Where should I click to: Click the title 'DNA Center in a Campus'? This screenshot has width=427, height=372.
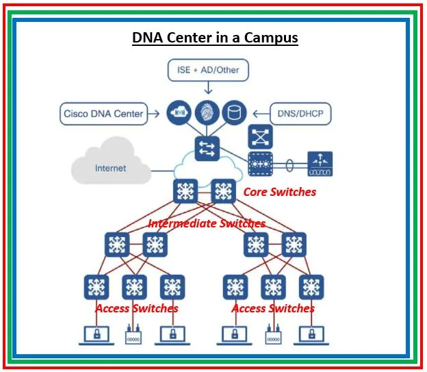215,38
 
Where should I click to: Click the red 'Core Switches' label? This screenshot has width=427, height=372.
279,192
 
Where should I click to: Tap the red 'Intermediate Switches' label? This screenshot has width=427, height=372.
207,223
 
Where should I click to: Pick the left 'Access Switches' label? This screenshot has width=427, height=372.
136,308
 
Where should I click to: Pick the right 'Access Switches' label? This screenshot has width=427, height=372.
272,308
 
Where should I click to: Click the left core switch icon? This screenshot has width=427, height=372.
185,192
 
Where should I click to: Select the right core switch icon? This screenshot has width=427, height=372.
223,192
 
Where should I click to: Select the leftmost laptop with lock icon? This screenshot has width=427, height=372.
96,335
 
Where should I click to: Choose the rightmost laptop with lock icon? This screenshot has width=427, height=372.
312,335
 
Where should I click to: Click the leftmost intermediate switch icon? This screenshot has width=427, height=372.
117,244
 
